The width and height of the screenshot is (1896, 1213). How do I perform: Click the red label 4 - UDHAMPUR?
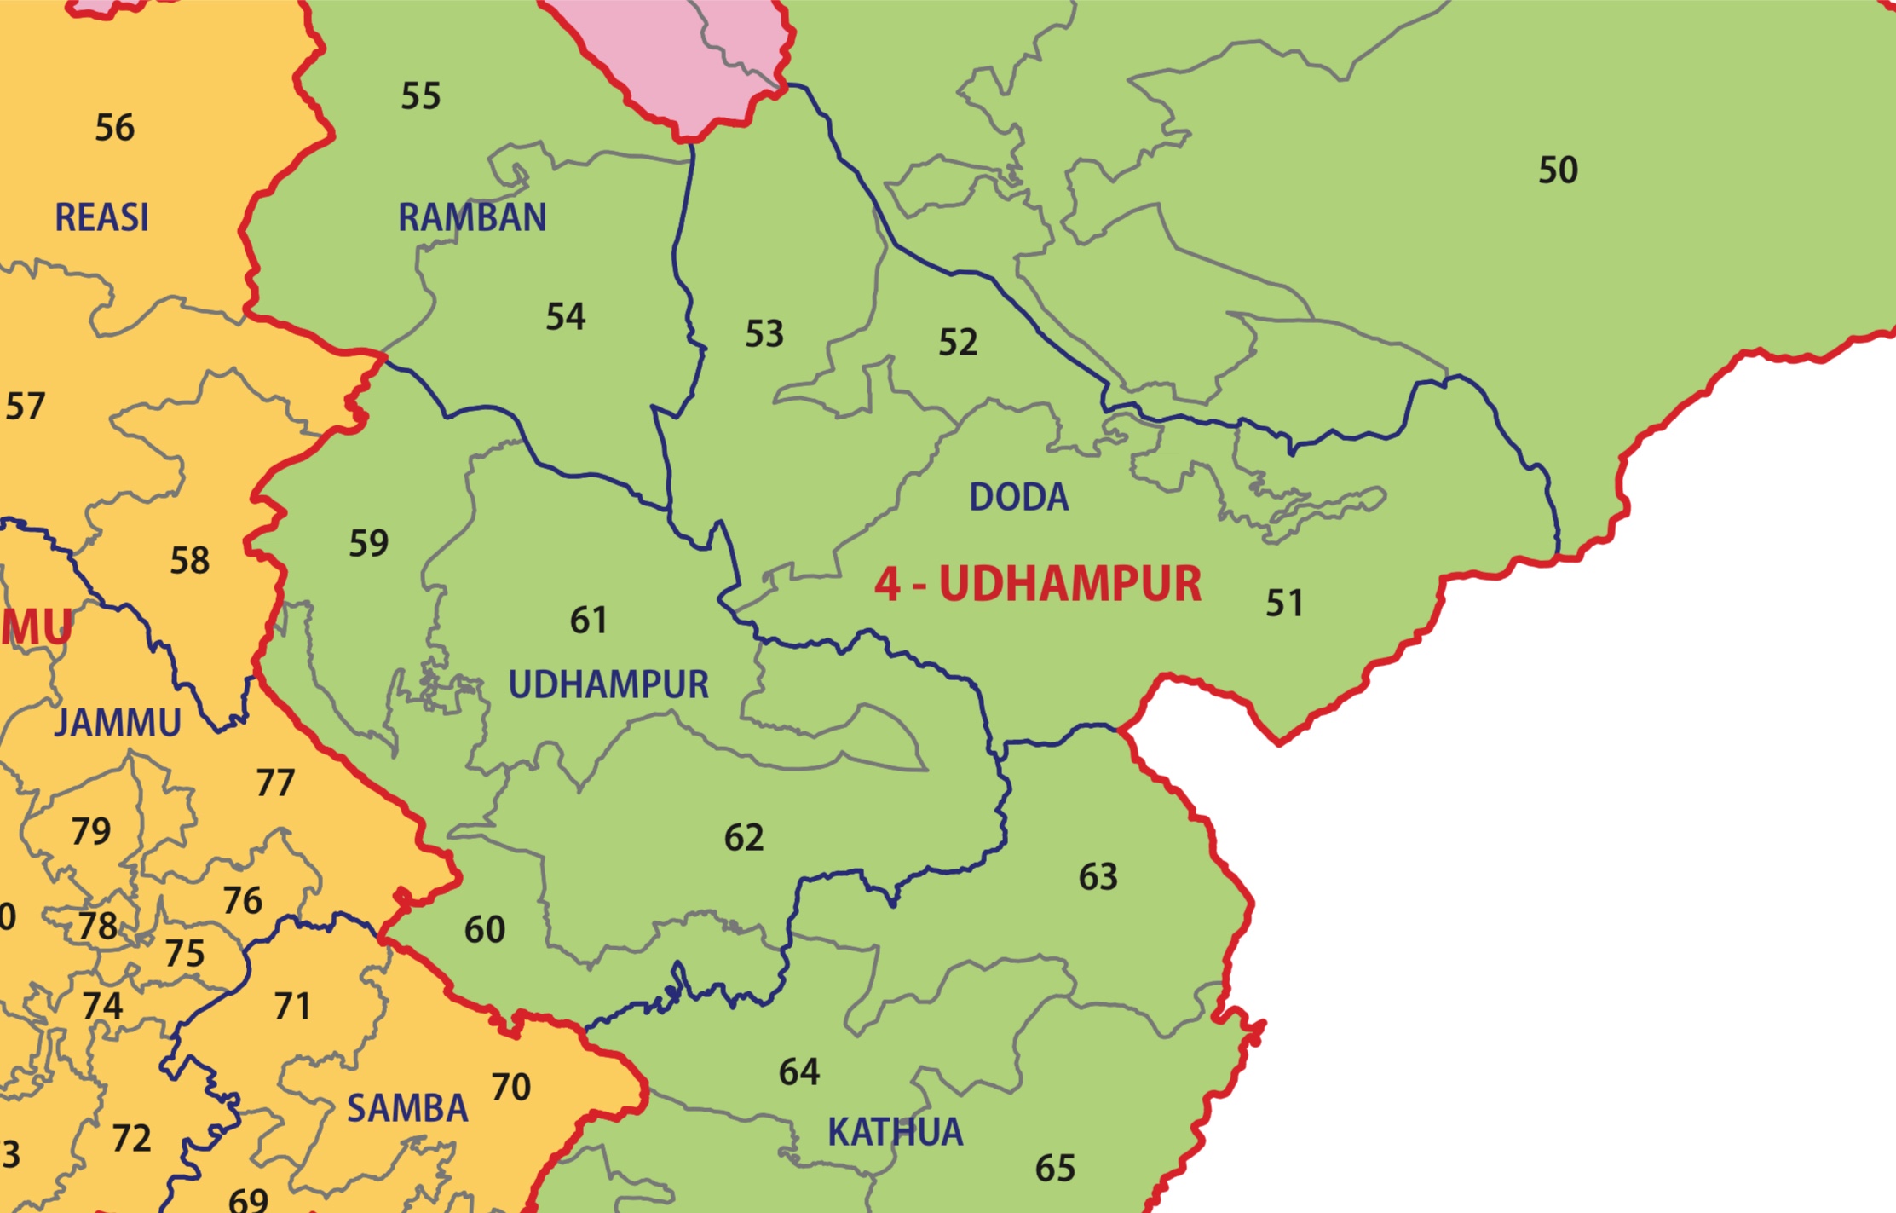tap(1038, 585)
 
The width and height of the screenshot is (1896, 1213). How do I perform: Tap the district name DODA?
tap(1018, 497)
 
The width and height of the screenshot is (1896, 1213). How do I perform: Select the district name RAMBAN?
tap(472, 217)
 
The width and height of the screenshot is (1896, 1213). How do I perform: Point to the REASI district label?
tap(101, 217)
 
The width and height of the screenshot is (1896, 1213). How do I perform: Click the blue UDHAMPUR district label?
tap(608, 684)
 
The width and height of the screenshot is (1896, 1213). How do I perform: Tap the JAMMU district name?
tap(118, 723)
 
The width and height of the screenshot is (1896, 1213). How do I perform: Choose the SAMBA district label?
tap(407, 1108)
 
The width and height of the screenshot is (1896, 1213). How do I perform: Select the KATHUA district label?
tap(895, 1132)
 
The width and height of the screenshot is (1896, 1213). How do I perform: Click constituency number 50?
tap(1558, 170)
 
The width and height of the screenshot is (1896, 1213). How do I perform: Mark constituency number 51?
tap(1284, 604)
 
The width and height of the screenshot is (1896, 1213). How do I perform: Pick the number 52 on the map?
tap(958, 343)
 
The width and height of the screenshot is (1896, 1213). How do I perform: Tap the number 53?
tap(764, 333)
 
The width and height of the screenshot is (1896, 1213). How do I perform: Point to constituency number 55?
tap(421, 96)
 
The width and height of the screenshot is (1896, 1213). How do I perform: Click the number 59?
tap(369, 543)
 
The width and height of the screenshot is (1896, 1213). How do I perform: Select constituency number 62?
tap(744, 838)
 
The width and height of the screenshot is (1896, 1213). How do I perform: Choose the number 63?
tap(1098, 876)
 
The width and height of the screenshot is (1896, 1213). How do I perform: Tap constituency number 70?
tap(511, 1087)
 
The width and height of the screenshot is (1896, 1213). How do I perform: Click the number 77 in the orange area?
tap(275, 783)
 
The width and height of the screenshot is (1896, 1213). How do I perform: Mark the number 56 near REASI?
tap(114, 128)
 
